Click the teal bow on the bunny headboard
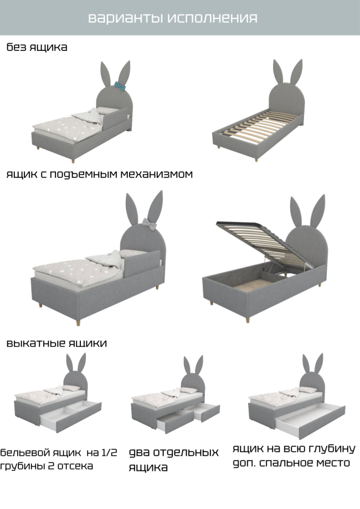click(x=120, y=86)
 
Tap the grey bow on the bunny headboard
click(x=149, y=224)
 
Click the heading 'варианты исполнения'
click(x=173, y=18)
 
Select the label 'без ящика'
click(x=37, y=47)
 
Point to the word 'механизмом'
click(x=157, y=174)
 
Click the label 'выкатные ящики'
click(x=56, y=343)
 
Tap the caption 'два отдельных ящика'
click(x=174, y=460)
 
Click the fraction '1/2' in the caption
click(x=109, y=452)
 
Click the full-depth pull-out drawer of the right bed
click(x=310, y=421)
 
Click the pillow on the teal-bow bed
click(x=105, y=110)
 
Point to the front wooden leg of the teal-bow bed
click(x=73, y=161)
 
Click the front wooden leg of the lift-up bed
click(x=248, y=320)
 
